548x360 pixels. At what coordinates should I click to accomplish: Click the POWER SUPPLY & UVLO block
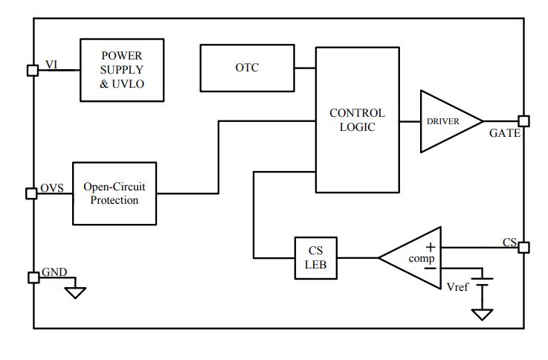coord(122,70)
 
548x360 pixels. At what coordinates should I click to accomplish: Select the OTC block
coord(247,68)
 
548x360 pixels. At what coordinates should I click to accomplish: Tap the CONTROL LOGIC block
coord(357,120)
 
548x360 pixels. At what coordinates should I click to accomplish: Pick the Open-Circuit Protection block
coord(115,193)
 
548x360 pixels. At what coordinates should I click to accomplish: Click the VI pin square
coord(32,70)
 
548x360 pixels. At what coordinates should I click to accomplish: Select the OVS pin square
coord(32,193)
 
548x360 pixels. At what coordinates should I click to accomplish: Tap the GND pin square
coord(33,277)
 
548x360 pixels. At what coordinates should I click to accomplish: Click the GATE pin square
coord(523,121)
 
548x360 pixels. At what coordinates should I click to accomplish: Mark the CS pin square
coord(523,247)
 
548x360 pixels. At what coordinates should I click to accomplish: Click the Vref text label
coord(457,286)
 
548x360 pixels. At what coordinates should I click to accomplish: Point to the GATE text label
coord(505,134)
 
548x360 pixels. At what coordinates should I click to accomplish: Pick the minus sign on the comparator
coord(430,269)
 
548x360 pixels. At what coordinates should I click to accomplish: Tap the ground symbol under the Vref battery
coord(483,314)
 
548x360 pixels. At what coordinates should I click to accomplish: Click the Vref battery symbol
coord(483,283)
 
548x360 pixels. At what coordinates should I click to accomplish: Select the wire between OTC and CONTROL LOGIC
coord(305,68)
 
